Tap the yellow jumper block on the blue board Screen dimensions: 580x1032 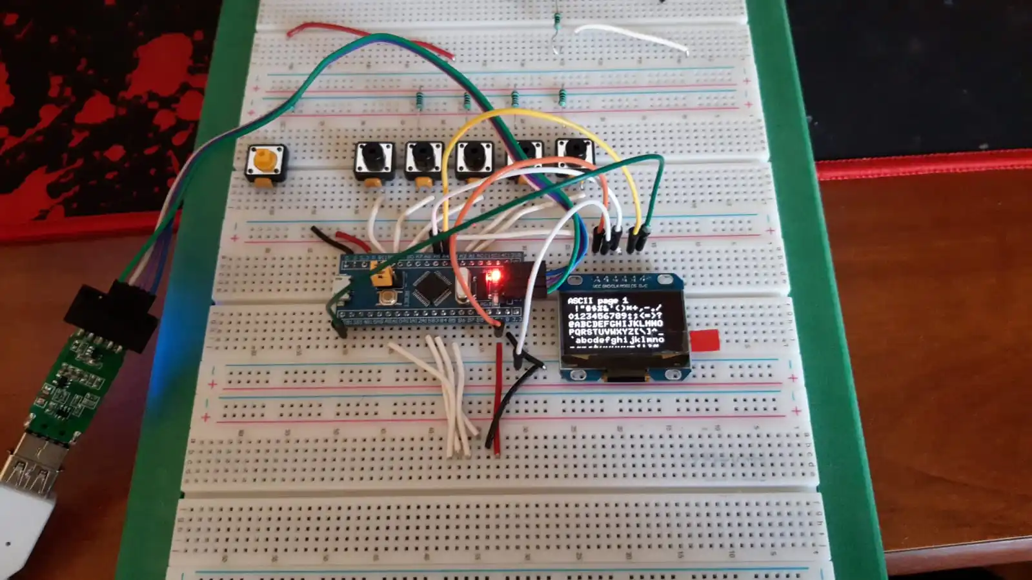pos(383,278)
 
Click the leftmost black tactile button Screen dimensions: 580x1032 pos(374,159)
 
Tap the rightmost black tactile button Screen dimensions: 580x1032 pos(574,155)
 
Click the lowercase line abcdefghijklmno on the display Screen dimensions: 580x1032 pos(616,340)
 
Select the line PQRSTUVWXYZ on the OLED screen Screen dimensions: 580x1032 pos(613,332)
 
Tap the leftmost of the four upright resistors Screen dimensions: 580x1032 pos(420,100)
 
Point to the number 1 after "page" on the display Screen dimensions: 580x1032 pos(625,301)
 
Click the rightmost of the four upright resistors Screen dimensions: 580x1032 pos(563,97)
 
